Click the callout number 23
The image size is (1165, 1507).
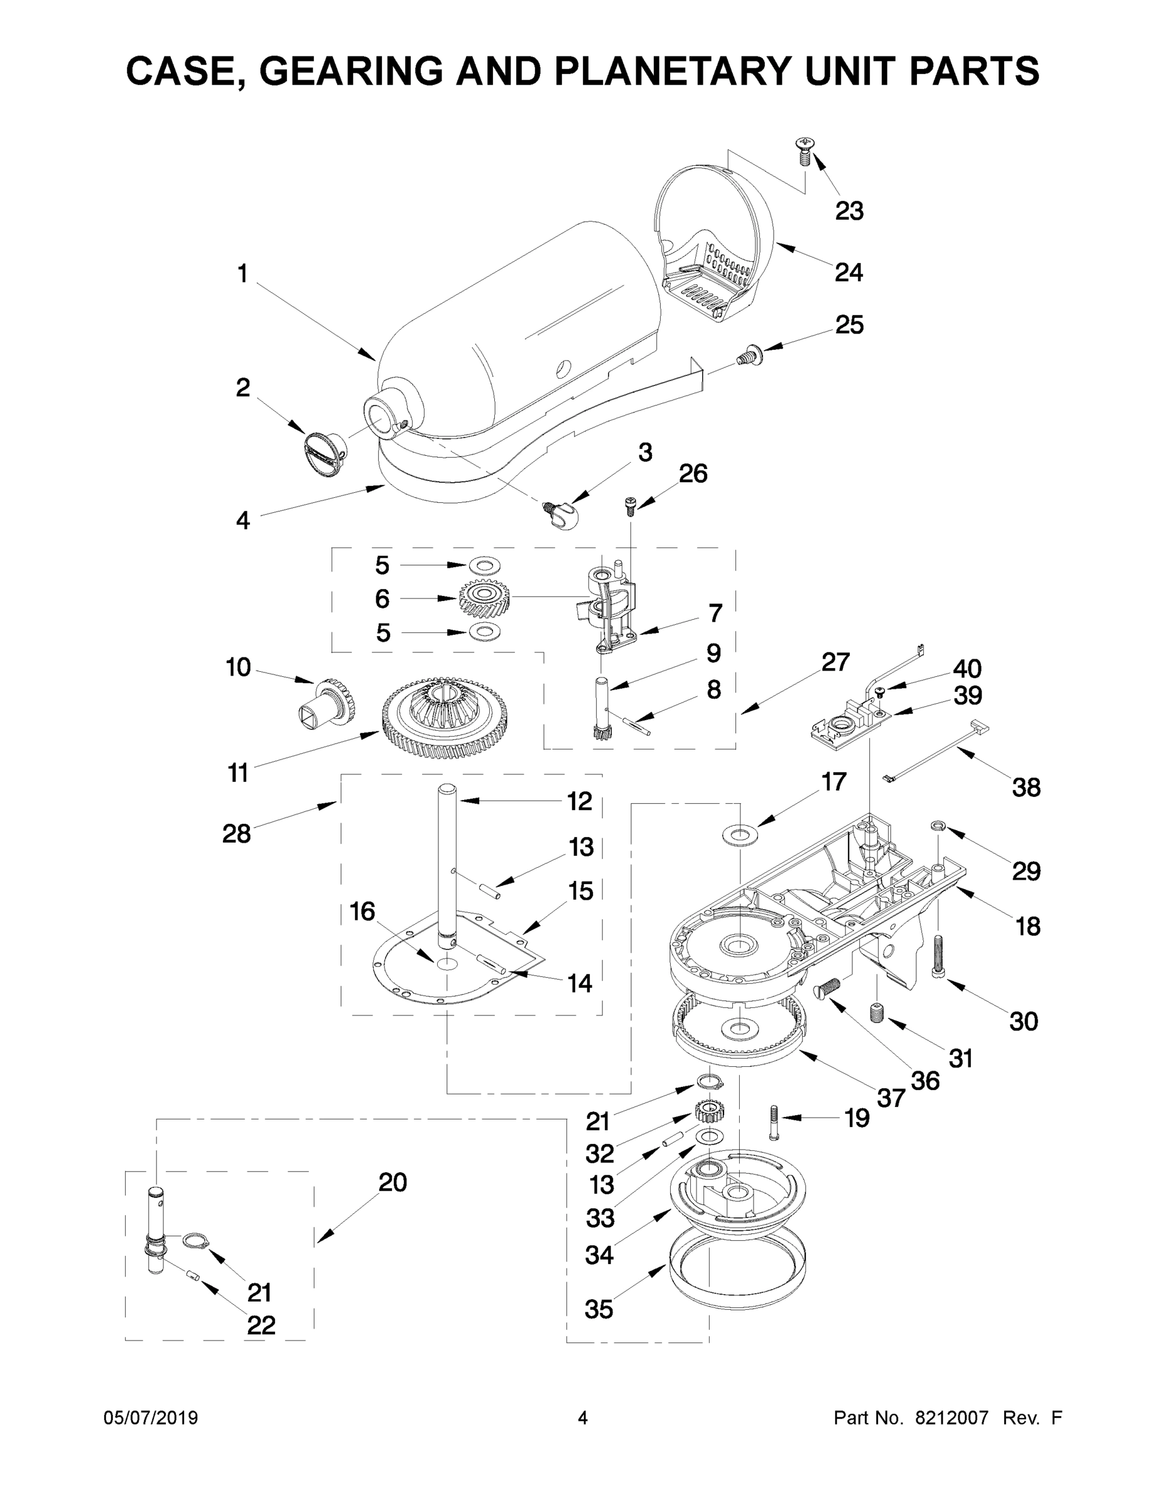pyautogui.click(x=849, y=211)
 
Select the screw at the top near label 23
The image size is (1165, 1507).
pyautogui.click(x=803, y=151)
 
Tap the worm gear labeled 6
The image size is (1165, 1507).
pyautogui.click(x=484, y=598)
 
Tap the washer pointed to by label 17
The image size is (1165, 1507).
pyautogui.click(x=739, y=835)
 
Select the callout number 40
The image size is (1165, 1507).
pyautogui.click(x=967, y=668)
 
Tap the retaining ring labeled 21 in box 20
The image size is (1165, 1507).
pyautogui.click(x=195, y=1241)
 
